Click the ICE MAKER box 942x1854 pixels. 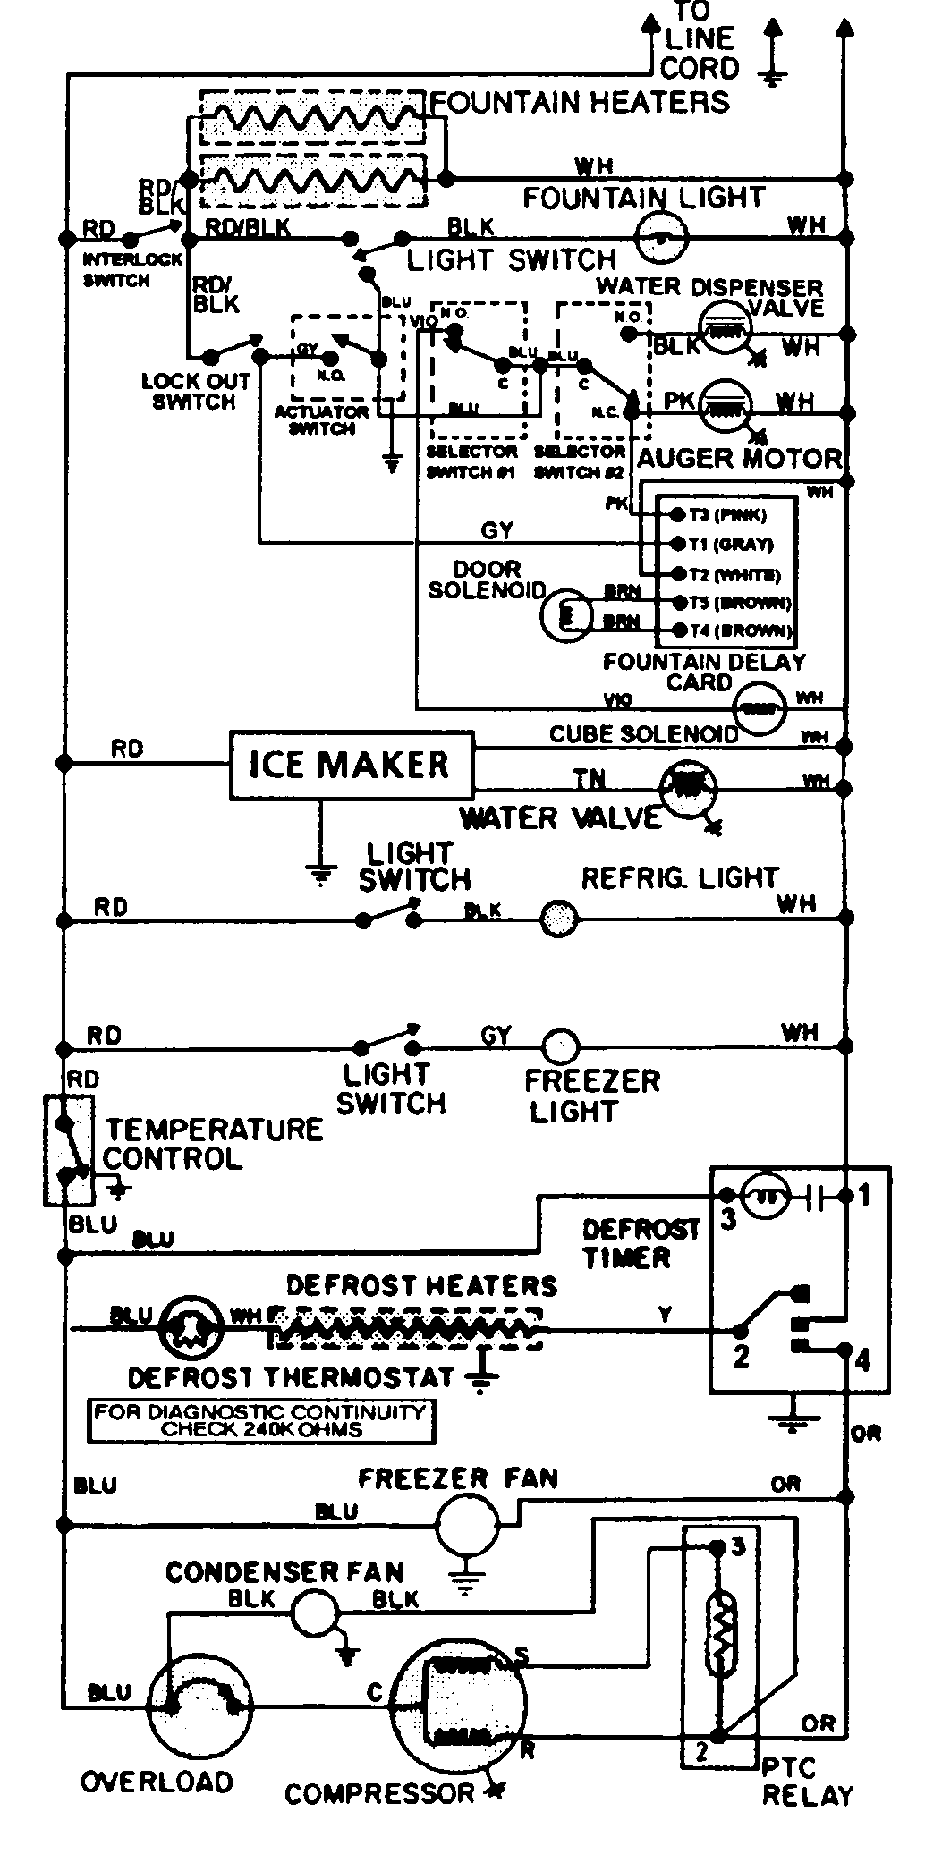pos(352,765)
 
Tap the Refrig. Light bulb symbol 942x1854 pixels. pos(560,918)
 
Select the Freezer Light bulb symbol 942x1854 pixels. pos(561,1046)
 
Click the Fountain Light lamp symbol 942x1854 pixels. pos(661,236)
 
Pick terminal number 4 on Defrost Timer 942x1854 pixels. pos(861,1360)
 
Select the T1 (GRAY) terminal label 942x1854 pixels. pos(731,544)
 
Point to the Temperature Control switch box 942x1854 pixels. pos(69,1149)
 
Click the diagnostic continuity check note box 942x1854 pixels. pos(261,1420)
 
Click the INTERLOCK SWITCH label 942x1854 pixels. pos(120,269)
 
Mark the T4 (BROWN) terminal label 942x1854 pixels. pos(739,631)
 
